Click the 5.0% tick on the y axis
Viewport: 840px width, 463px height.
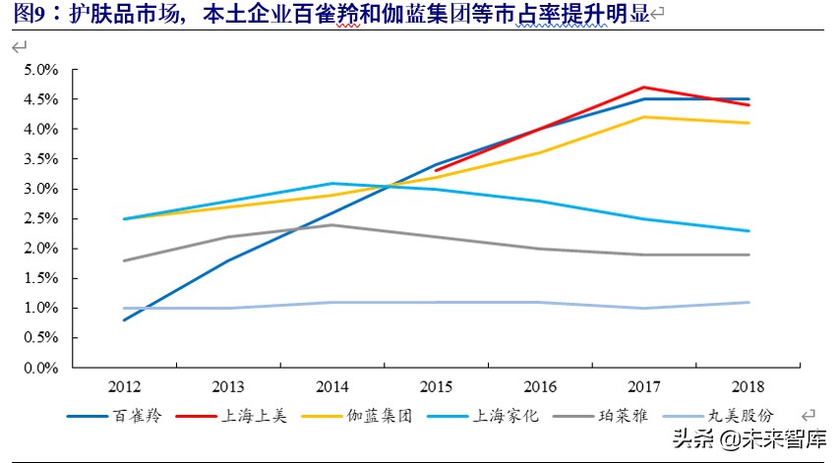tap(42, 70)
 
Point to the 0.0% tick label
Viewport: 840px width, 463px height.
tap(42, 368)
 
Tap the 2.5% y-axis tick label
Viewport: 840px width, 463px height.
tap(42, 219)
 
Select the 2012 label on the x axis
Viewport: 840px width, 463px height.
tap(123, 386)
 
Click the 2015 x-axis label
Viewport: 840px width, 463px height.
tap(436, 386)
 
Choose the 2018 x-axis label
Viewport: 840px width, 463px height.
tap(749, 386)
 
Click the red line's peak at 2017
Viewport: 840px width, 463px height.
tap(644, 87)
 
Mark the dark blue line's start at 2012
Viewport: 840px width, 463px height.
tap(123, 319)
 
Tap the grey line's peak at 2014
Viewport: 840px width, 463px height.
tap(331, 225)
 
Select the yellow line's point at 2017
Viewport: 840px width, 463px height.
tap(644, 117)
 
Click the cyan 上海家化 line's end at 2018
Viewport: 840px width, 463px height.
tap(749, 231)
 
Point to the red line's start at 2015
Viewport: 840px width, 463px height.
tap(436, 170)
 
